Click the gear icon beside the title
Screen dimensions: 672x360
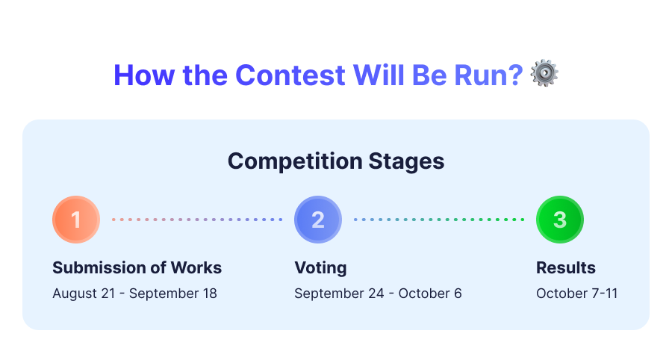[544, 73]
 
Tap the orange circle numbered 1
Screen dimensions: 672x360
[76, 220]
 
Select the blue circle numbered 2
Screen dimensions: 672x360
[318, 220]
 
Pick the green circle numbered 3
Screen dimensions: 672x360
[560, 220]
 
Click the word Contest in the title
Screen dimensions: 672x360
[290, 75]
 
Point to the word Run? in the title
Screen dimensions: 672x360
[488, 75]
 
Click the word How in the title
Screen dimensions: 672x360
[144, 75]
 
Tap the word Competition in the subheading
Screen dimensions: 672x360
[295, 161]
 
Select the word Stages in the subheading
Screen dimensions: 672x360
[406, 161]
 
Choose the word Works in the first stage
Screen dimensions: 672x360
[196, 268]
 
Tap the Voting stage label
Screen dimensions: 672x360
[320, 268]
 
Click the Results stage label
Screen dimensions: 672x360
[566, 268]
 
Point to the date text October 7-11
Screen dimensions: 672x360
[577, 294]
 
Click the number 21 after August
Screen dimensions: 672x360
[108, 294]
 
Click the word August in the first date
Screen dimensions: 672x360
[75, 294]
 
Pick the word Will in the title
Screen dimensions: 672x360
[379, 75]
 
